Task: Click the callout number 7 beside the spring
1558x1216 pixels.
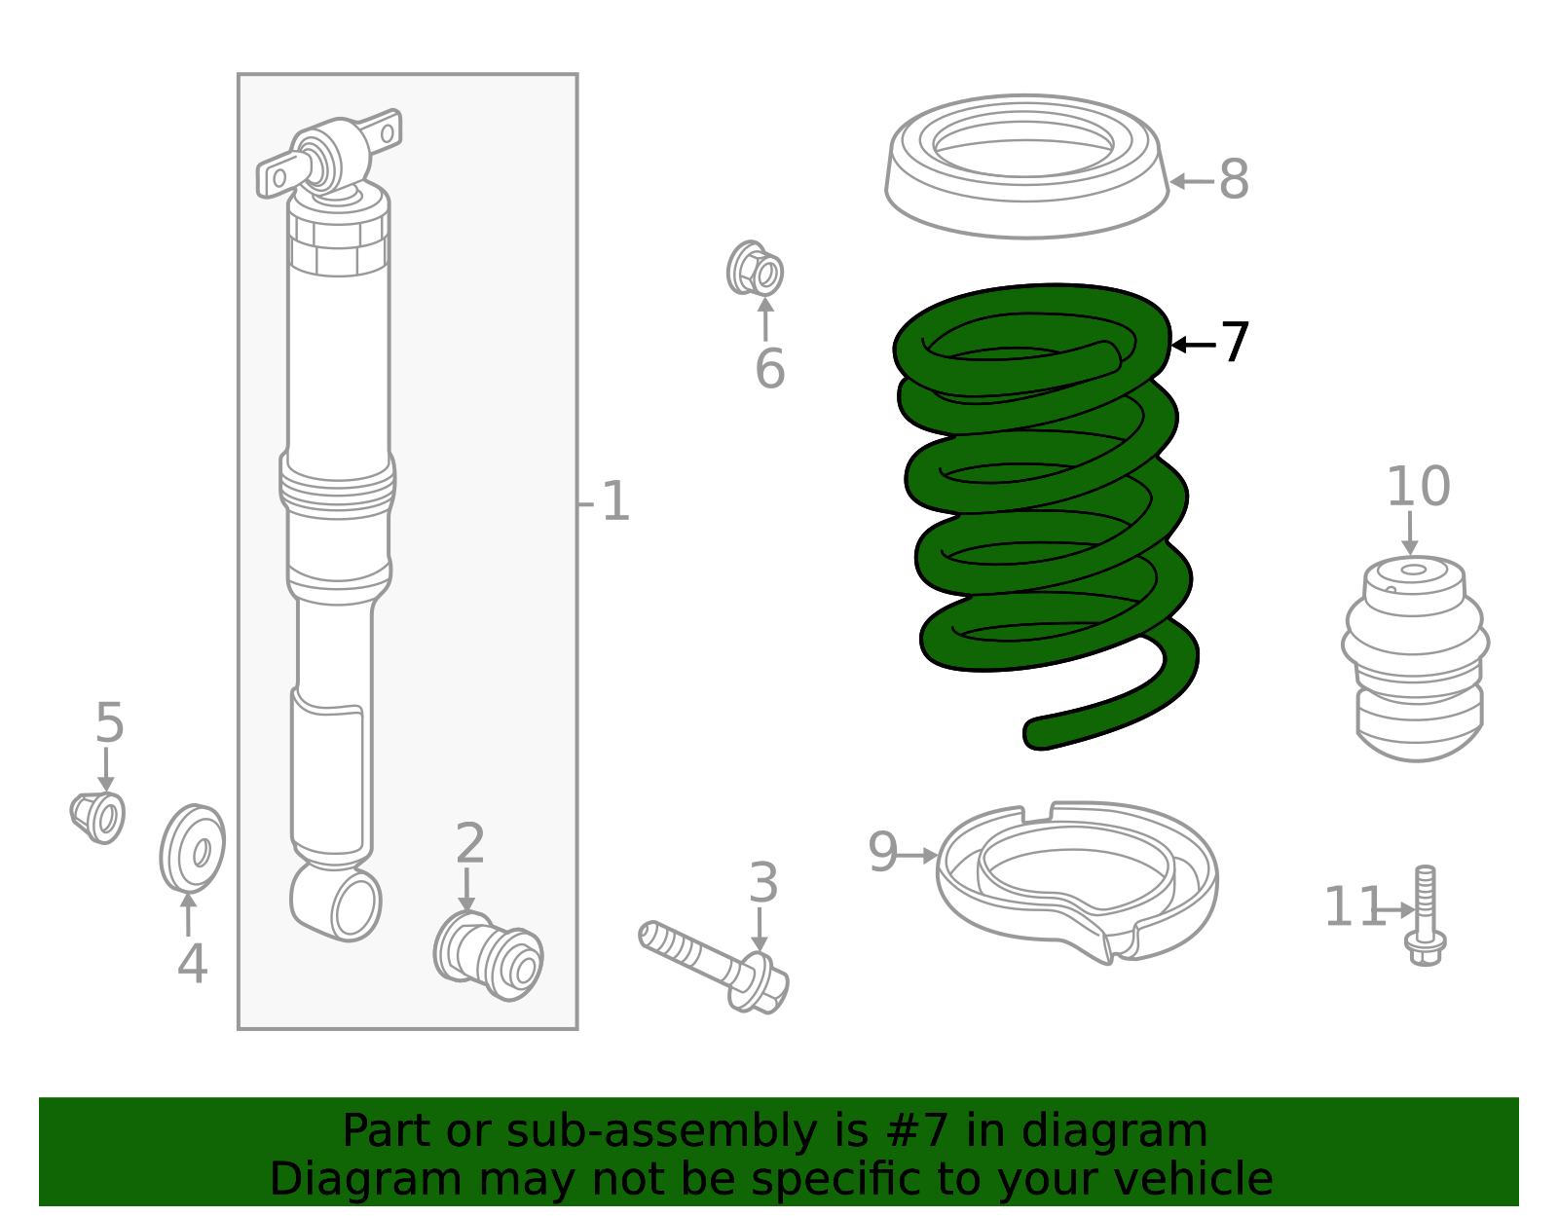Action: (x=1235, y=344)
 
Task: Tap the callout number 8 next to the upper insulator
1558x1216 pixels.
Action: (x=1234, y=180)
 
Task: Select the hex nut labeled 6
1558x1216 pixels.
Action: (x=755, y=269)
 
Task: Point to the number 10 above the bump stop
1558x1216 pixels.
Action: (x=1417, y=487)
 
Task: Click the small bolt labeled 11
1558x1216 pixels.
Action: (x=1426, y=915)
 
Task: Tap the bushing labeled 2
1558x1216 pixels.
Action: (x=488, y=955)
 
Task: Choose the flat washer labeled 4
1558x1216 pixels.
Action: (x=193, y=848)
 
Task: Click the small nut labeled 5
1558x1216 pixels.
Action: (x=98, y=817)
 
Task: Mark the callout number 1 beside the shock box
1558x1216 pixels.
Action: (x=615, y=502)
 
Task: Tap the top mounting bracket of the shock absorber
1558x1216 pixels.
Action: (x=329, y=154)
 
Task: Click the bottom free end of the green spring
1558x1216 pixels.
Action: (x=1040, y=733)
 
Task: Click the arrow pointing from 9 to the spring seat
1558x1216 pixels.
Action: (x=917, y=856)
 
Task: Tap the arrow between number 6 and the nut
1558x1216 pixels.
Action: (x=765, y=319)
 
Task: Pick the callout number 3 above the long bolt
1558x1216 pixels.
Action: (x=763, y=883)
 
